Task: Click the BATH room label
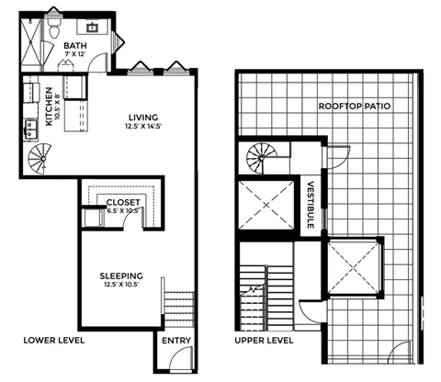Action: coord(74,43)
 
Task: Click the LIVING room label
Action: coord(145,118)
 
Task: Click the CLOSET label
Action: coord(121,202)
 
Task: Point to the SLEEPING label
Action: coord(121,273)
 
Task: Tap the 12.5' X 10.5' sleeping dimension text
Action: coord(121,284)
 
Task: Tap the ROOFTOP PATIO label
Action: coord(356,106)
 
